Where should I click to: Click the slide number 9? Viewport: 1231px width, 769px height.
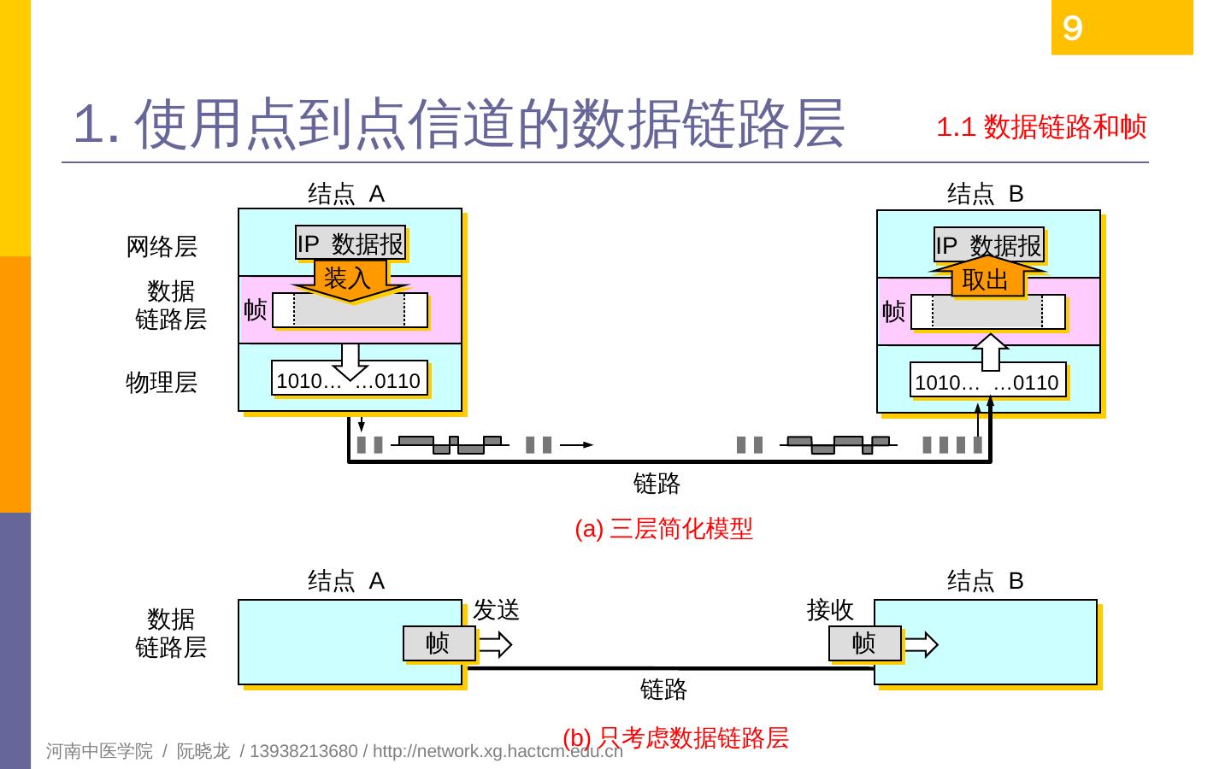pyautogui.click(x=1072, y=28)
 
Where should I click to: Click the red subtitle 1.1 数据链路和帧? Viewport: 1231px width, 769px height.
pyautogui.click(x=1041, y=127)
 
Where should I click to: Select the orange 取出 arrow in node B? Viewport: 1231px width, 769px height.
pyautogui.click(x=986, y=279)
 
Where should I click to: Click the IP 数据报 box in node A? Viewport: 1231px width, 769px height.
pyautogui.click(x=350, y=244)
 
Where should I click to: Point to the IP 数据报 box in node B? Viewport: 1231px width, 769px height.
pyautogui.click(x=989, y=246)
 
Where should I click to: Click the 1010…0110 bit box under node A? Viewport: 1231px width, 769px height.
pyautogui.click(x=349, y=381)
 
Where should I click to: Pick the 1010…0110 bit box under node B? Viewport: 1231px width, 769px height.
pyautogui.click(x=987, y=383)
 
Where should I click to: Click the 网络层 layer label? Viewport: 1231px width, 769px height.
pyautogui.click(x=162, y=247)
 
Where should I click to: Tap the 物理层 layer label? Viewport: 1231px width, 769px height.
pyautogui.click(x=162, y=382)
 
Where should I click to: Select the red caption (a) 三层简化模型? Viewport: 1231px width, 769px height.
pyautogui.click(x=664, y=529)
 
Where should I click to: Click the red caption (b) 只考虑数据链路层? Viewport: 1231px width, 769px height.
pyautogui.click(x=675, y=737)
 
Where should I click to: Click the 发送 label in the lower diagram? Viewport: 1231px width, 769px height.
pyautogui.click(x=497, y=610)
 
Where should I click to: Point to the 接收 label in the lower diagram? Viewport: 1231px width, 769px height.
pyautogui.click(x=830, y=610)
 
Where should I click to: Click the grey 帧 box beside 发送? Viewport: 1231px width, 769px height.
pyautogui.click(x=439, y=643)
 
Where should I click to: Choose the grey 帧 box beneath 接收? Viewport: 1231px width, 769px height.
pyautogui.click(x=864, y=643)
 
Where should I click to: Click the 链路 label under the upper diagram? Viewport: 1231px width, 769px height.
pyautogui.click(x=657, y=484)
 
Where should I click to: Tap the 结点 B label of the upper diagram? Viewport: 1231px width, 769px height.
pyautogui.click(x=985, y=194)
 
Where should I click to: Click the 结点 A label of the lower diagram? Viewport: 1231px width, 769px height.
pyautogui.click(x=346, y=581)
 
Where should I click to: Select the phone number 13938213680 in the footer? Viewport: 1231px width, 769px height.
pyautogui.click(x=303, y=751)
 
